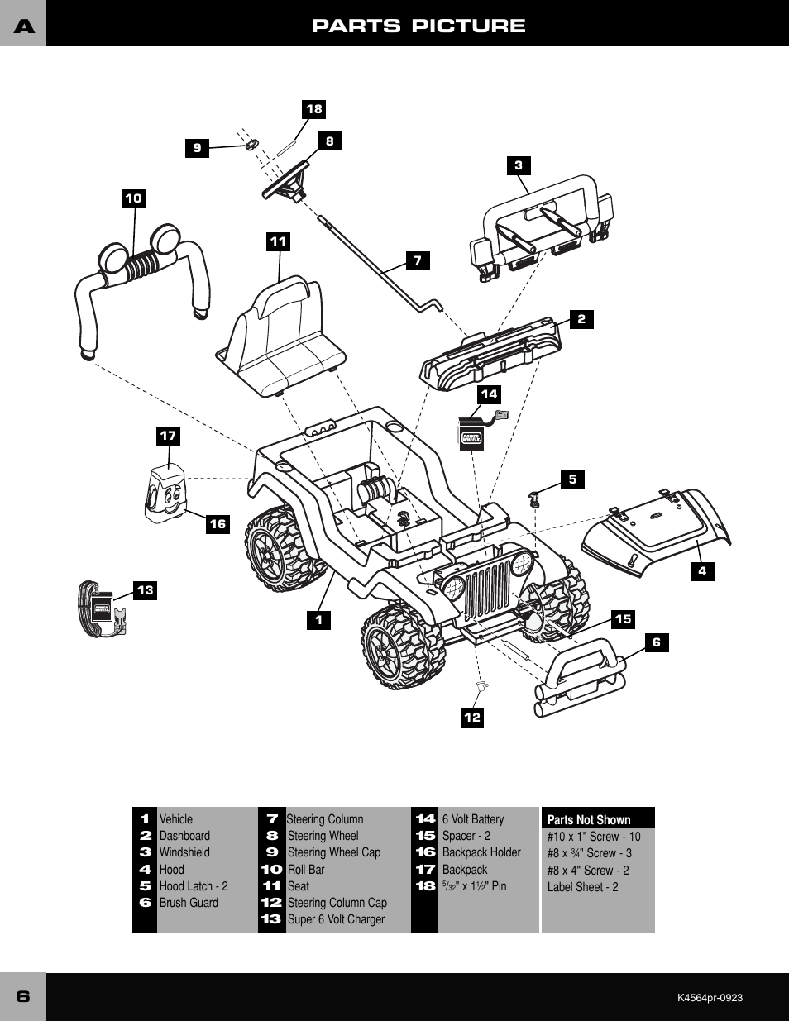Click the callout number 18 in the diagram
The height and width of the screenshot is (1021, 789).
coord(314,109)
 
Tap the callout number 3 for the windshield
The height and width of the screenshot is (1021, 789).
coord(519,165)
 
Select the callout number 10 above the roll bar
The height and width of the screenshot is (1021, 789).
coord(133,198)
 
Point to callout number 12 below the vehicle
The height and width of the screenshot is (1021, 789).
coord(472,718)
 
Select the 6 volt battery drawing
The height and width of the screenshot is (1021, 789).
coord(471,434)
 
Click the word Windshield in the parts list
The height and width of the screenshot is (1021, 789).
coord(184,852)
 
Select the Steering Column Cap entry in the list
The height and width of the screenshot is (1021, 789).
coord(337,903)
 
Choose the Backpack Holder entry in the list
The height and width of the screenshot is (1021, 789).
coord(481,852)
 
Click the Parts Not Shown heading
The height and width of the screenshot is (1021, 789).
coord(589,819)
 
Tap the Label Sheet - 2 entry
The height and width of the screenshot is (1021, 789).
coord(582,887)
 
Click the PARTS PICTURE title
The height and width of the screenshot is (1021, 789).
coord(418,26)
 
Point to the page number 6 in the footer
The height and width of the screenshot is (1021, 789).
coord(23,996)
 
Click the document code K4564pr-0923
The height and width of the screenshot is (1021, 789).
coord(710,998)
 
